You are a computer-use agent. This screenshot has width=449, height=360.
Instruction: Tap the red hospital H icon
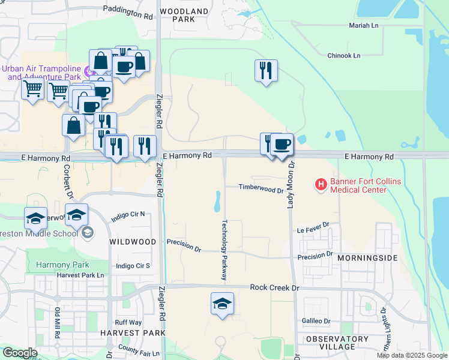coord(321,183)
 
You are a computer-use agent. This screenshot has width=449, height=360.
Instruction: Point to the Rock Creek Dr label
coord(274,288)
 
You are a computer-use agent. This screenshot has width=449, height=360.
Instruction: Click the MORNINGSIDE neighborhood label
coord(367,257)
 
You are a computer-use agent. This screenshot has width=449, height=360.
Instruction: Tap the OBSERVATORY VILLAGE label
coord(337,343)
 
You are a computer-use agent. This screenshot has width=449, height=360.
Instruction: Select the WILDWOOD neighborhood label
coord(133,242)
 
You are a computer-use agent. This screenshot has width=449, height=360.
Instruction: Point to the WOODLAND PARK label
coord(183,15)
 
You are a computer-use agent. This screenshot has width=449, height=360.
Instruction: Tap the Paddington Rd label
coord(128,11)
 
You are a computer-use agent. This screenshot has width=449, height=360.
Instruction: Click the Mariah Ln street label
coord(364,26)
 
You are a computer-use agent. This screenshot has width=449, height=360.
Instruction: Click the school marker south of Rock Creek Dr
coord(222,304)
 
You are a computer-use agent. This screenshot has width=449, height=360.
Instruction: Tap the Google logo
coord(20,353)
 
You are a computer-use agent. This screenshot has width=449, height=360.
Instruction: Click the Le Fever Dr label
coord(313,229)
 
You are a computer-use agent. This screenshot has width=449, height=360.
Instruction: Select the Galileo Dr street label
coord(316,321)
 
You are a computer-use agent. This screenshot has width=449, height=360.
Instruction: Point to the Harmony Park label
coord(62,265)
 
